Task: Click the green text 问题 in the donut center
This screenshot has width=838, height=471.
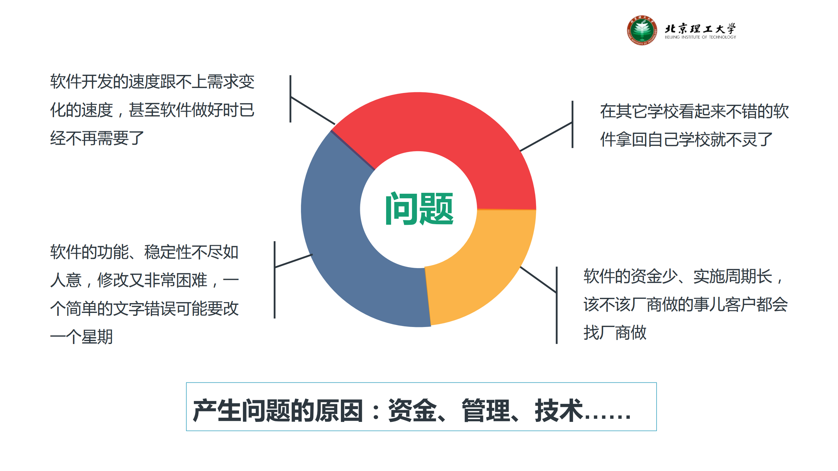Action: (419, 209)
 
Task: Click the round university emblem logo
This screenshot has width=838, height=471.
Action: (642, 30)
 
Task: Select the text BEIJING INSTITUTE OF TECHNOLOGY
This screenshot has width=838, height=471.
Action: (700, 37)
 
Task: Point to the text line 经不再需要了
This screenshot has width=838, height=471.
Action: (97, 138)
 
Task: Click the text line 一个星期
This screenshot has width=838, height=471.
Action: (81, 336)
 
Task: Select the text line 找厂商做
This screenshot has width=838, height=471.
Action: (615, 333)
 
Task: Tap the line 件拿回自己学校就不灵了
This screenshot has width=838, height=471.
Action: (686, 140)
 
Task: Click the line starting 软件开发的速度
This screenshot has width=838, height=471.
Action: (152, 82)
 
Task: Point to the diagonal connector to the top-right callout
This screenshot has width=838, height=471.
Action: (546, 136)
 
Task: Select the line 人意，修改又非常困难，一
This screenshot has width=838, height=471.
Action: (144, 280)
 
